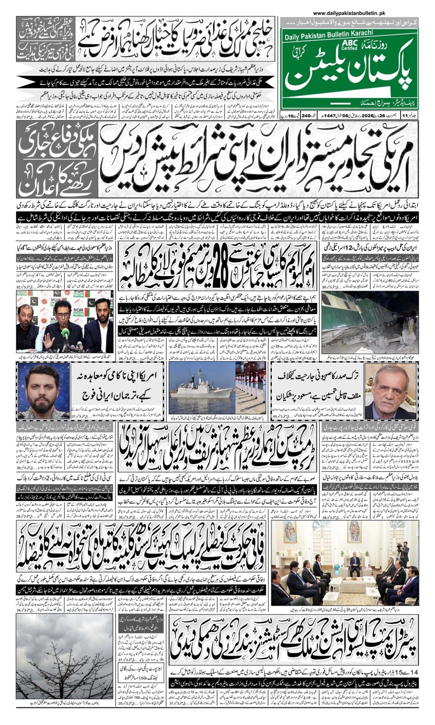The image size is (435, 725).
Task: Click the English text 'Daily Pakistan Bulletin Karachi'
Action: (328, 33)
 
